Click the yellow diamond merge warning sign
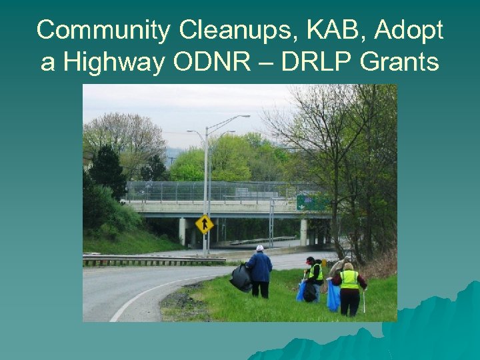coord(204,224)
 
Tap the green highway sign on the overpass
coord(311,202)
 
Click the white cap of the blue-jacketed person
coord(259,248)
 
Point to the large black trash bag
coord(241,277)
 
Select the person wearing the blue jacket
coord(259,271)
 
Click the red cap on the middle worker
coord(310,259)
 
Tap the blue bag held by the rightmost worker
coord(333,295)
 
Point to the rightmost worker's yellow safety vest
coord(349,279)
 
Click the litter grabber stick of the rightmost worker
coord(364,300)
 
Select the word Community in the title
coord(103,30)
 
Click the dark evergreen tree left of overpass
coord(107,171)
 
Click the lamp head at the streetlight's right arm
coord(245,117)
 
